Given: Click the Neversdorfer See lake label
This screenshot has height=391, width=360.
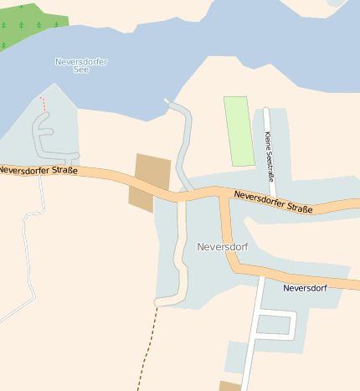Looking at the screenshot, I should point(81,65).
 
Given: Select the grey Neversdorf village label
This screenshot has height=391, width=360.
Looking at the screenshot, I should point(223,247).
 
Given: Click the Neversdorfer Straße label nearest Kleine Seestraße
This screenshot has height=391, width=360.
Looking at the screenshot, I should point(274,202).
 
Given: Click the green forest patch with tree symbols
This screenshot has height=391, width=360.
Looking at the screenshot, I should point(29,21).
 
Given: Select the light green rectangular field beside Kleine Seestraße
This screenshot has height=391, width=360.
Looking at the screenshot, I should point(239,131).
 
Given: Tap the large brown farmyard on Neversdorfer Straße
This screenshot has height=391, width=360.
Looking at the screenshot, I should point(150,181).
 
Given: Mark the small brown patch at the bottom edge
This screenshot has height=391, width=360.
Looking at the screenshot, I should point(229,386).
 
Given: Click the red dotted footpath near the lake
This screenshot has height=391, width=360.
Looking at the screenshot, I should point(43,103).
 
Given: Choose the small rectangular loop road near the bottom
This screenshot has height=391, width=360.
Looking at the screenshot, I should point(275,325).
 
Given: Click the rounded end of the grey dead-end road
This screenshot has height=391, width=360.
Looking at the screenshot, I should point(159,301).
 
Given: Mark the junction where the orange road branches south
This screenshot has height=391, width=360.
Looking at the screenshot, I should point(224,197).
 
